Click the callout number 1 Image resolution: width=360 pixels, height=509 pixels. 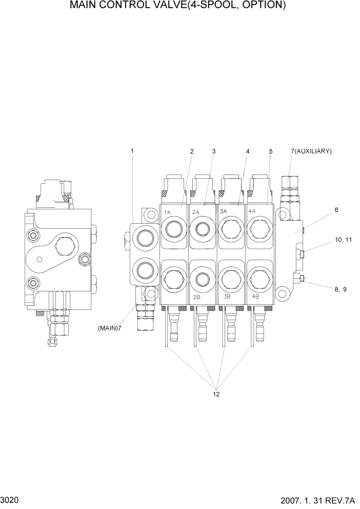(132, 151)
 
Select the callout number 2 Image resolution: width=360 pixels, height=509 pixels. (192, 151)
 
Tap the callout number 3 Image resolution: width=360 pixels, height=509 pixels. (213, 151)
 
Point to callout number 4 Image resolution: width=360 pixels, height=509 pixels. (248, 151)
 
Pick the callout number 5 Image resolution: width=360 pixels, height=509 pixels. (270, 151)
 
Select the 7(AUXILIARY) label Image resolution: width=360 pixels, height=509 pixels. (311, 151)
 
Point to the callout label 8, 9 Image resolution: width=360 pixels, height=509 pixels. (341, 289)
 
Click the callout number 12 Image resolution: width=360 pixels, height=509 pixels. (216, 394)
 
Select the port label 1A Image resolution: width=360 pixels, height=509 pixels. (167, 212)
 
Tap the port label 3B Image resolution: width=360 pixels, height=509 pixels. (226, 297)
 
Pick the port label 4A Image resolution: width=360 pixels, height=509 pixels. (252, 211)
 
